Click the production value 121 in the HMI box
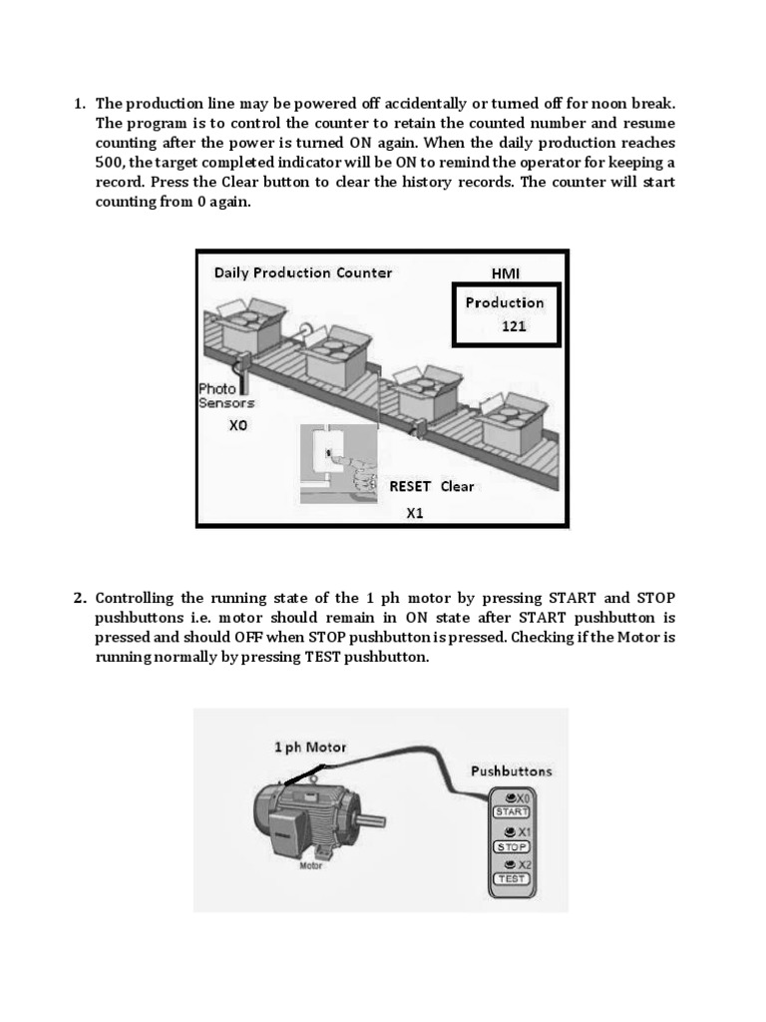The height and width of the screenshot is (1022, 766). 514,325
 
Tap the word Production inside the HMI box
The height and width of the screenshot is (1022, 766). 505,302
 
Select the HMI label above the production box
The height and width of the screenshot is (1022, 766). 507,272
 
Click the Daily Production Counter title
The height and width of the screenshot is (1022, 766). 303,272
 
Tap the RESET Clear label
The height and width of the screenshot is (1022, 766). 431,486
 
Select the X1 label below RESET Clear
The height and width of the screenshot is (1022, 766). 415,513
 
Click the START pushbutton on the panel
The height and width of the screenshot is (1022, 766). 512,812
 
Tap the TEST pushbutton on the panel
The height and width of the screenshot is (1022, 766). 512,879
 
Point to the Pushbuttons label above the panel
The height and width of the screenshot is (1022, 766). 511,771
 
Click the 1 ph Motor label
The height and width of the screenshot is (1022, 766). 310,747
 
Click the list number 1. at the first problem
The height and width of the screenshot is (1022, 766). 80,104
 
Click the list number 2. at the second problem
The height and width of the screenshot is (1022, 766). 80,598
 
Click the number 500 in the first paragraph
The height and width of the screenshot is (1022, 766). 109,162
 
